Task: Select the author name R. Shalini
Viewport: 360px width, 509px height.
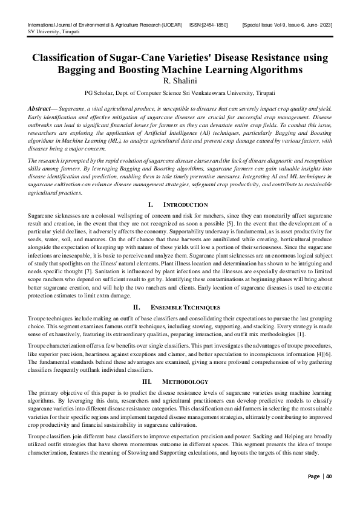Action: tap(180, 80)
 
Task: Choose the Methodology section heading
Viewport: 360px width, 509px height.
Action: tap(186, 382)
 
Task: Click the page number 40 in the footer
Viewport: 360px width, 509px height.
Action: tap(329, 493)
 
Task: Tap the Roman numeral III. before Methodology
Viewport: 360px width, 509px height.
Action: tap(146, 382)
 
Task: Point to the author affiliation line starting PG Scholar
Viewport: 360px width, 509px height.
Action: tap(180, 94)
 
